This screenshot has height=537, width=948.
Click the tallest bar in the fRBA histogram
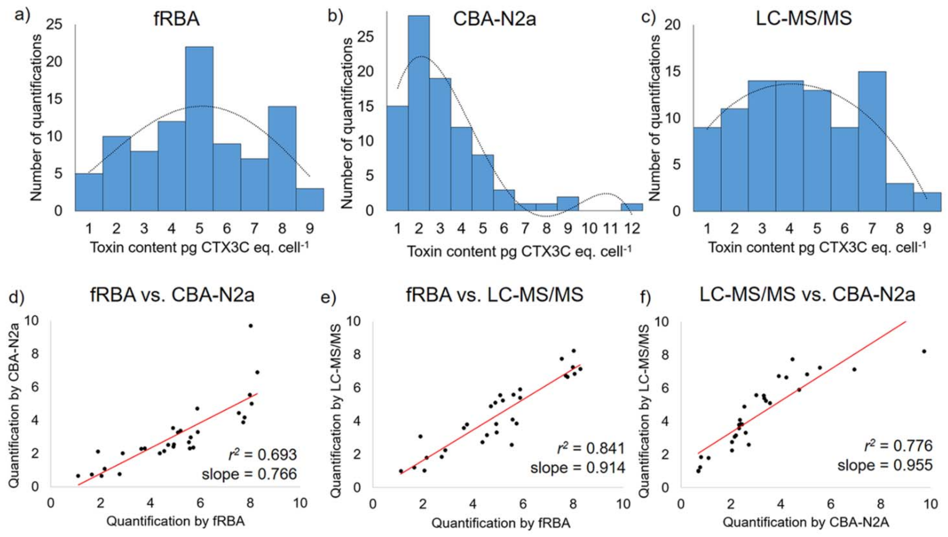click(199, 129)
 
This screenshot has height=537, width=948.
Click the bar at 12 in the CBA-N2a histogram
click(632, 207)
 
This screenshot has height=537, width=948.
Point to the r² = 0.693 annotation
click(262, 455)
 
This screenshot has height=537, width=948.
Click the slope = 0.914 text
click(578, 468)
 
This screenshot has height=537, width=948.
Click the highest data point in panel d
click(251, 326)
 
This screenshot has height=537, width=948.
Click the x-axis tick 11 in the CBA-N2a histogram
click(610, 229)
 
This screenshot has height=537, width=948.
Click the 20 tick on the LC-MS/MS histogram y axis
click(673, 25)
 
